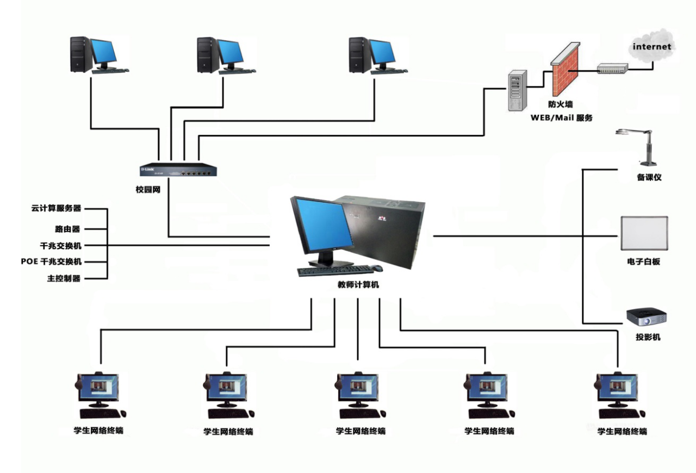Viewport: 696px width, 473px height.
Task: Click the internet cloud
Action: click(652, 47)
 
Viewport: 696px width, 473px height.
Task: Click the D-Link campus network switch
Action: click(179, 171)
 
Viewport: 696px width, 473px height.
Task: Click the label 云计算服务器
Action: click(57, 208)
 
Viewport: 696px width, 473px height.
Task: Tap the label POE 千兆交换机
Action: click(52, 262)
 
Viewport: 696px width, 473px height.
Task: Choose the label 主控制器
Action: click(64, 278)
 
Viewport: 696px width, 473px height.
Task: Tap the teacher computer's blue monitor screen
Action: click(321, 223)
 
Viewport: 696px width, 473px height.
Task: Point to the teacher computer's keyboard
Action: click(333, 270)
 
